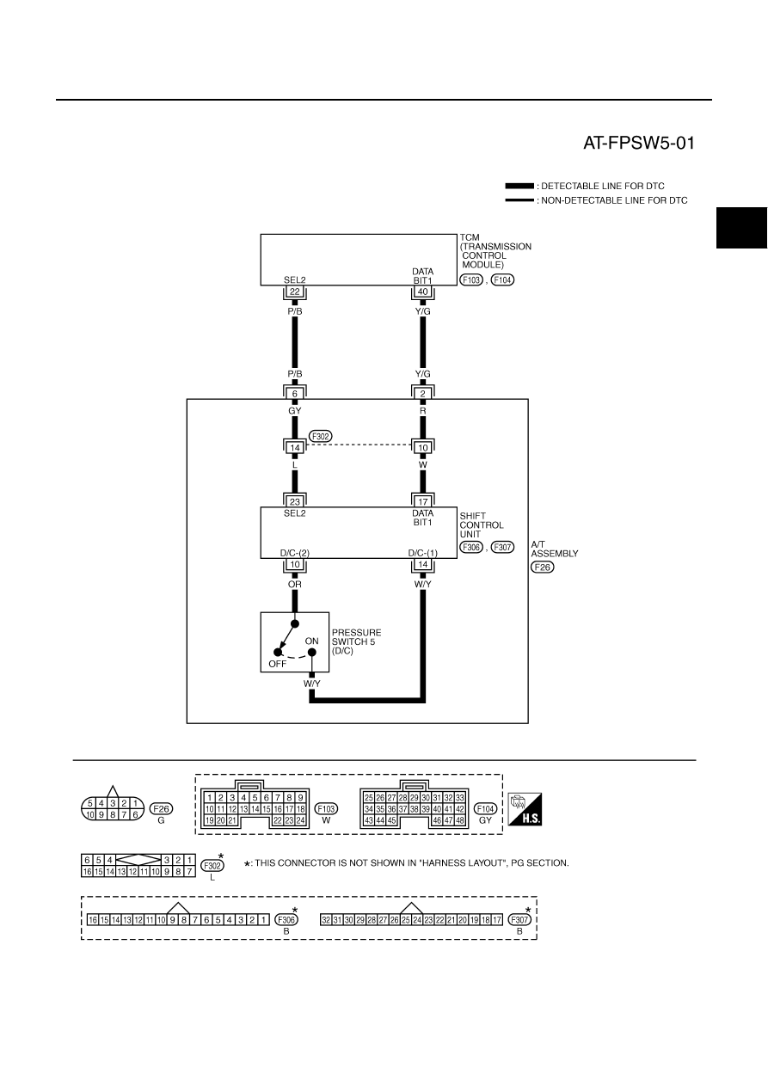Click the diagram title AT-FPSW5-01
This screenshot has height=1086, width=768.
pos(638,143)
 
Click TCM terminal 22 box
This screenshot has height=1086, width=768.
pos(295,291)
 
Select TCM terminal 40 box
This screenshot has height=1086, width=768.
pos(423,291)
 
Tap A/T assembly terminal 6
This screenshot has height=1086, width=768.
pos(295,393)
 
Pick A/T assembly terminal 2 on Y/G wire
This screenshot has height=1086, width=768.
pos(423,393)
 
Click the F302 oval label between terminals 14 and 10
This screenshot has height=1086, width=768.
pos(321,436)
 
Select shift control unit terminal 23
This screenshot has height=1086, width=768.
pos(295,502)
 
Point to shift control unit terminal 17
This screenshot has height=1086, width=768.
pos(423,502)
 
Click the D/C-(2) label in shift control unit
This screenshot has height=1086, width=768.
pos(295,553)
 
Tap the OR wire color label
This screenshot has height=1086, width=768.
pos(295,584)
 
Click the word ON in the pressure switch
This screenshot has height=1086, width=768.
pos(311,641)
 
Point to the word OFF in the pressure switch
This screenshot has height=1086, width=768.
pos(277,664)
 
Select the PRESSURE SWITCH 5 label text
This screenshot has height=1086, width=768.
pos(356,637)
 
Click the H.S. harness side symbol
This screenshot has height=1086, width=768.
pos(525,809)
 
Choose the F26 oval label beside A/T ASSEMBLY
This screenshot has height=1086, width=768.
pos(542,568)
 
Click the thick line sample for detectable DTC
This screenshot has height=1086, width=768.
pos(519,187)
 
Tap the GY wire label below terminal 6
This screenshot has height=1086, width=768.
pos(295,411)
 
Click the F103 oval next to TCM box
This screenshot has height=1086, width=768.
pos(471,279)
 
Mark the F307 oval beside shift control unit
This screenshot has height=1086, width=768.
pos(502,548)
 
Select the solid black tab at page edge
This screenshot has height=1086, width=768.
pos(742,228)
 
